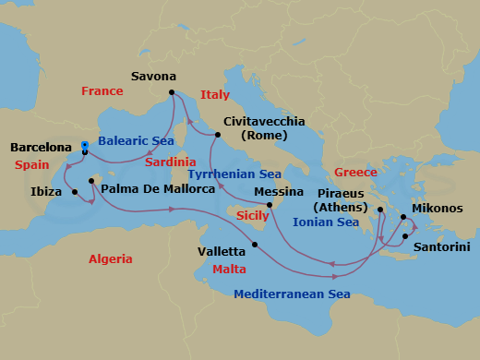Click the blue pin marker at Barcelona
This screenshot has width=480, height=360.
[84, 147]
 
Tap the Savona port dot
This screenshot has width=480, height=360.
[173, 92]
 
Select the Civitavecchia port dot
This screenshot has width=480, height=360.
[218, 135]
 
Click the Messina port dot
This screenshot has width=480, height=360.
[269, 205]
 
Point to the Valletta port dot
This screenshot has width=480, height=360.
[255, 244]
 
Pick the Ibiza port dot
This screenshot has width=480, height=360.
[74, 192]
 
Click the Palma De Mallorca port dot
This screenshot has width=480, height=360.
[91, 181]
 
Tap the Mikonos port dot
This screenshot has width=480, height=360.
[403, 218]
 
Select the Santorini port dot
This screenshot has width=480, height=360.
[404, 237]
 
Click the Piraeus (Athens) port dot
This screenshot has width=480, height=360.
[379, 210]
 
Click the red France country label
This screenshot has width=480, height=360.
[102, 91]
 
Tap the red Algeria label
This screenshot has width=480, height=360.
[111, 259]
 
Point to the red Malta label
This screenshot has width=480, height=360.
[229, 270]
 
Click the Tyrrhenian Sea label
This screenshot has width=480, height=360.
[234, 174]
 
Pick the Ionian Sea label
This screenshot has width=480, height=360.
[325, 222]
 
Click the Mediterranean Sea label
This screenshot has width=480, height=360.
[292, 294]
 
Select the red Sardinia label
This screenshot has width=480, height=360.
[170, 162]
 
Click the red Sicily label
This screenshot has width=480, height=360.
[253, 215]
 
